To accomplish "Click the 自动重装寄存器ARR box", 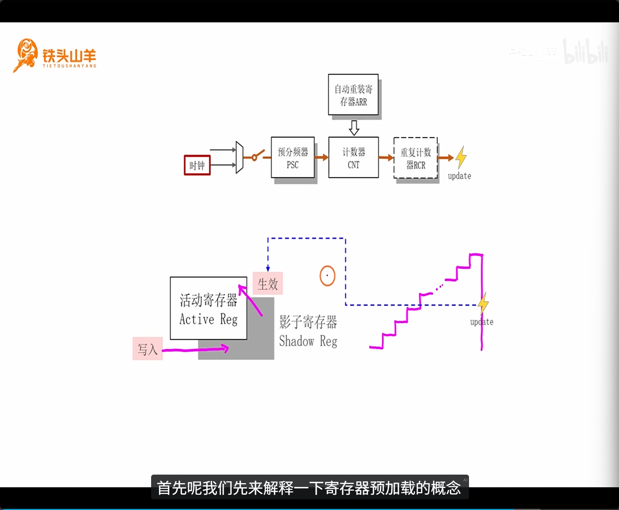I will point(353,95).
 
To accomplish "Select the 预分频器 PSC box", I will point(293,158).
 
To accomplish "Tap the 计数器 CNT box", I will point(353,158).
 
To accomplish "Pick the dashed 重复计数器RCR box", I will point(415,158).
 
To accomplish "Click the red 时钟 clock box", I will point(197,165).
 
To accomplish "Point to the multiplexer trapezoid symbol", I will point(239,157).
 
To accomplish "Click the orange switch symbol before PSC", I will point(257,156).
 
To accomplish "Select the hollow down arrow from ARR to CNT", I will point(354,127).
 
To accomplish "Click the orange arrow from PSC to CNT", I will point(321,157).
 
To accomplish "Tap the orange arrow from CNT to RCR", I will point(386,158).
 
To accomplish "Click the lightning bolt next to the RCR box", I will point(461,157).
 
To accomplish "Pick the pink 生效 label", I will point(268,284).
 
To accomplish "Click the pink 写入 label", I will point(147,349).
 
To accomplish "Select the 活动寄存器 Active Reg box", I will point(208,308).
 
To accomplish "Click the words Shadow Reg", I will point(308,341).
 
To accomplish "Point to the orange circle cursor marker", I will point(327,276).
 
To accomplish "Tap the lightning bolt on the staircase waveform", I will point(483,303).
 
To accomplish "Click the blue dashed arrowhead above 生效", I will point(268,269).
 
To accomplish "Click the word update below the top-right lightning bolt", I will point(459,176).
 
